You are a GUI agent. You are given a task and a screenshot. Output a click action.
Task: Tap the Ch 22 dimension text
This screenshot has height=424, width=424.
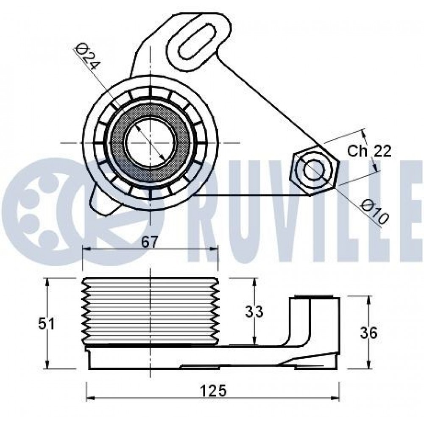369,151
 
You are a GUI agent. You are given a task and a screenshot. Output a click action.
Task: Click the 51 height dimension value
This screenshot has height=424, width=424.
46,324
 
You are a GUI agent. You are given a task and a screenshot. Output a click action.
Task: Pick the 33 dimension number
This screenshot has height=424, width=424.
254,311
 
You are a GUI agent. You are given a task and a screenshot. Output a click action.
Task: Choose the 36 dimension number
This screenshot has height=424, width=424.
368,333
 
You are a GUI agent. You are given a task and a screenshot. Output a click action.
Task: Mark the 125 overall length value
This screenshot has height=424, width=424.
213,391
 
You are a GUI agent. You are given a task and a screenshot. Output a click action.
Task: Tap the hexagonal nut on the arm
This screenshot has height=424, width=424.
314,170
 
